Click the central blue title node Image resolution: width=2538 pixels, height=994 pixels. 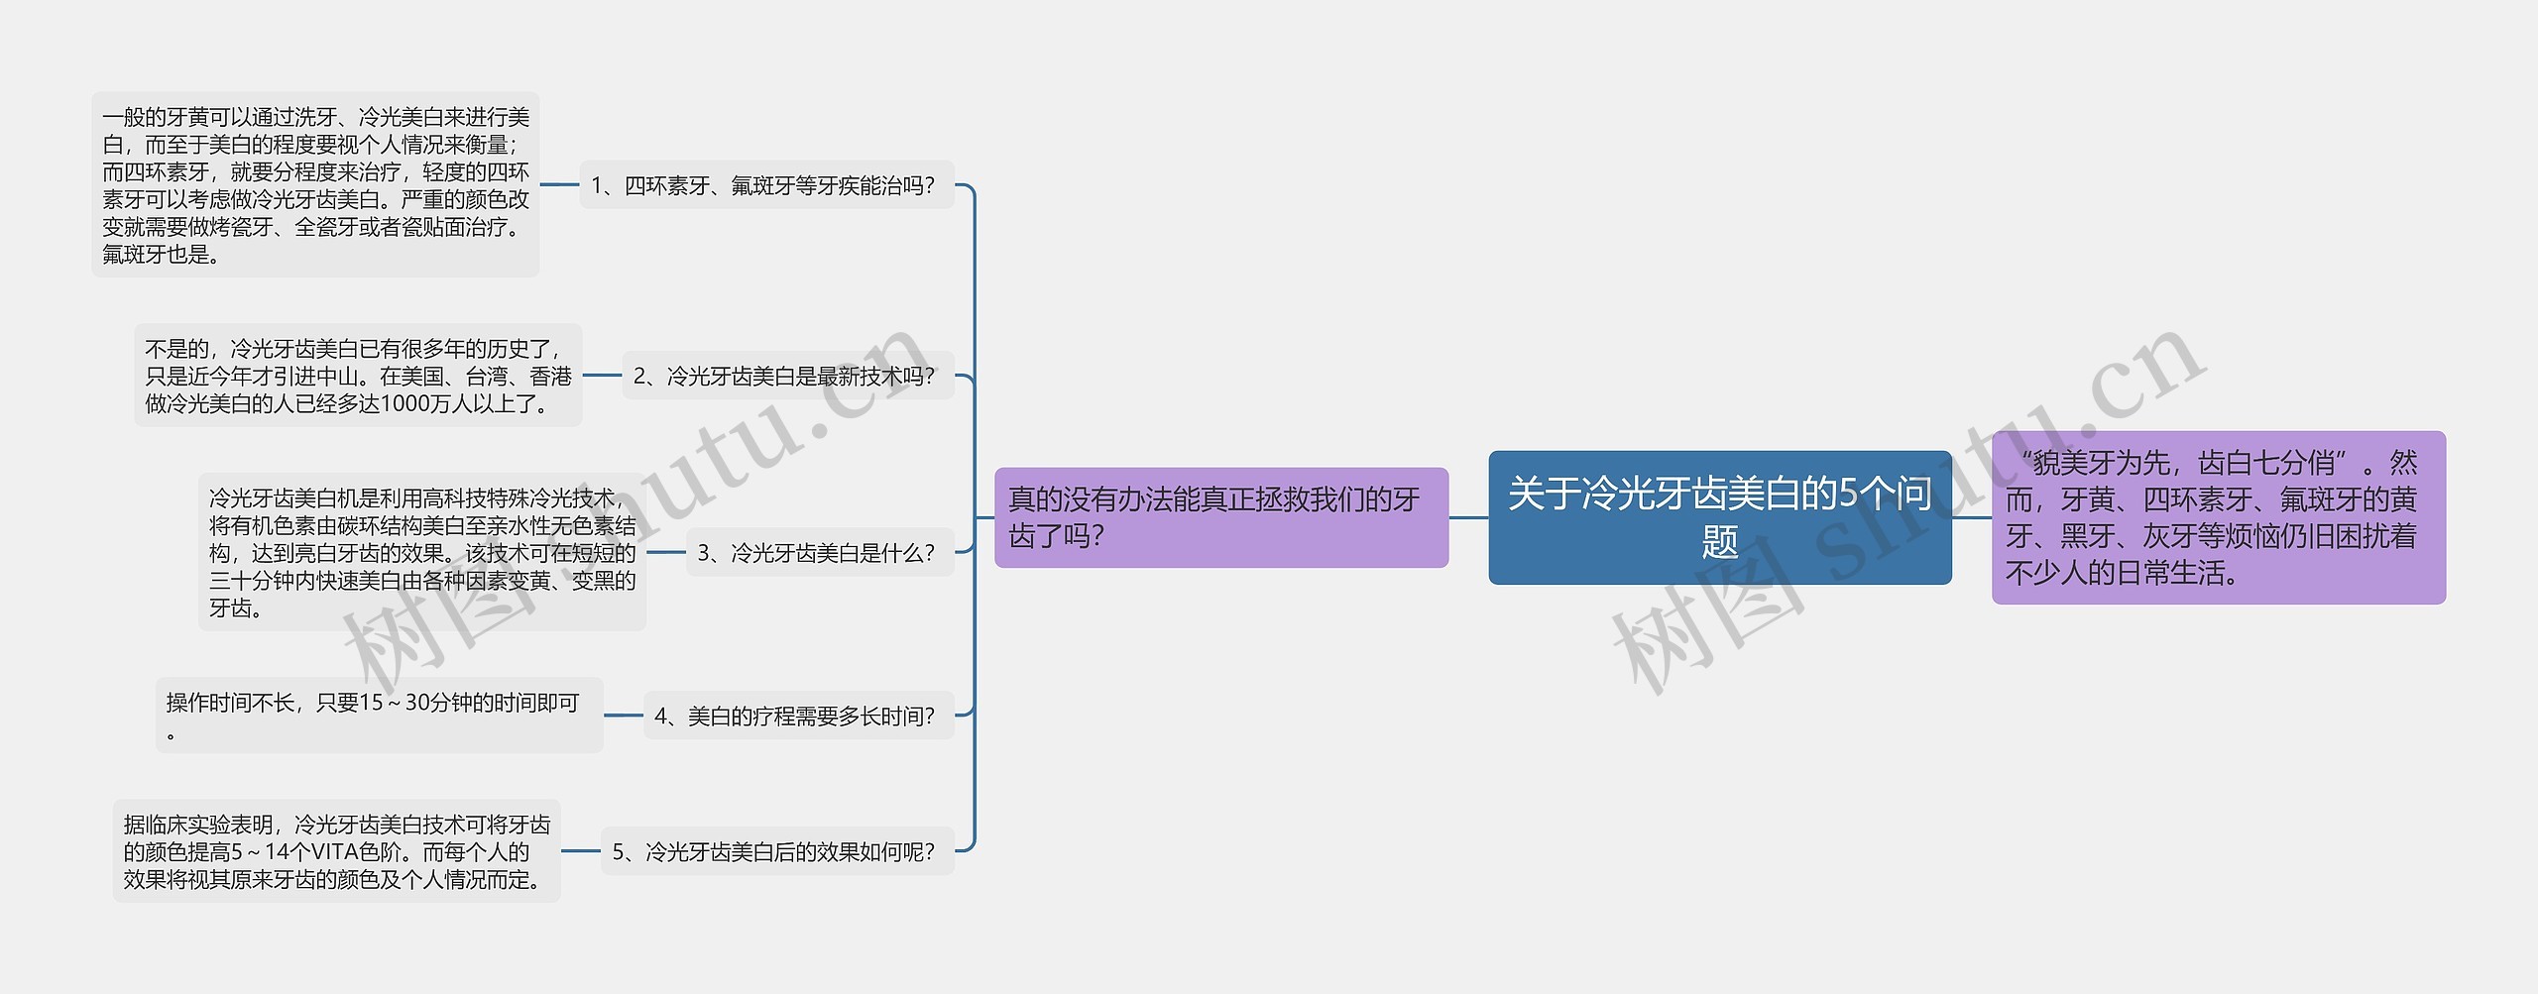coord(1719,517)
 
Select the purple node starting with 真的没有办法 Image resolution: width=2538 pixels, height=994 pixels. coord(1220,517)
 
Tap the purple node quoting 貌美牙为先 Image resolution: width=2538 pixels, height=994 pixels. coord(2218,517)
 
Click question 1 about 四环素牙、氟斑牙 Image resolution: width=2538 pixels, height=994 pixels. coord(766,185)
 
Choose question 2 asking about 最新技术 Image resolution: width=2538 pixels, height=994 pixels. coord(787,376)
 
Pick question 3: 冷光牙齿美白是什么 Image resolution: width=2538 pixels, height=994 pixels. coord(819,553)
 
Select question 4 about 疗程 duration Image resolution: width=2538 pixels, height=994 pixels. coord(798,716)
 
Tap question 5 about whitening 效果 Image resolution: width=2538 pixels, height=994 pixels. coord(776,851)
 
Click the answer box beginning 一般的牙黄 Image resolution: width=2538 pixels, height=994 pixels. coord(315,185)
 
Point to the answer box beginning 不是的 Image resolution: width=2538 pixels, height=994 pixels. coord(358,376)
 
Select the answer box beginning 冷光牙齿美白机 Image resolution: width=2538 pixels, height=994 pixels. coord(422,553)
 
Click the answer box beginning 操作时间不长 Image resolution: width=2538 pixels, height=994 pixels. coord(379,716)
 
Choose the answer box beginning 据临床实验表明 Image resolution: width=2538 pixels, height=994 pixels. coord(336,851)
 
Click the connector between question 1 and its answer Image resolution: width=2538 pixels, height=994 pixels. coord(559,185)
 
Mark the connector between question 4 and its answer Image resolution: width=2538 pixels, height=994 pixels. coord(624,716)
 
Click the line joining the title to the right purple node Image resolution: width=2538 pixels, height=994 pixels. coord(1972,517)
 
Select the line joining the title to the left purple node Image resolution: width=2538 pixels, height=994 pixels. coord(1468,517)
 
